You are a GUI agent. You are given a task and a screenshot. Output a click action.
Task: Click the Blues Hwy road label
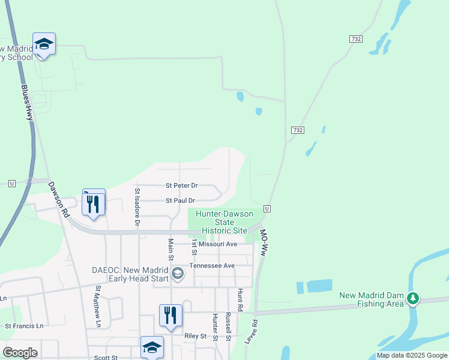point(26,103)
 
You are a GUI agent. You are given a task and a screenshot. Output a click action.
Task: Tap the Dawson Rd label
point(59,200)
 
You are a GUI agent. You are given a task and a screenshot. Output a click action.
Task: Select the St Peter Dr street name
point(181,186)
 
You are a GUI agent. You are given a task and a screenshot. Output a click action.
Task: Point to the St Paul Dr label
point(180,200)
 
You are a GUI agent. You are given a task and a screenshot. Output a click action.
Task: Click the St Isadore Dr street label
point(137,207)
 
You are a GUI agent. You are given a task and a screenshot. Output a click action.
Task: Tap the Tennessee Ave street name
point(212,265)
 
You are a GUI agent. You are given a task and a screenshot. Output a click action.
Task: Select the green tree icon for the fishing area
point(412,298)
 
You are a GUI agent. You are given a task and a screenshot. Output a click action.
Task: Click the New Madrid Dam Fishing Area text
point(372,300)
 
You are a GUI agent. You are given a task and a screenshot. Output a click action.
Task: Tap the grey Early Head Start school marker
point(177,274)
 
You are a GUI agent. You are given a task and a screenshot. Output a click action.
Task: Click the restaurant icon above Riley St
point(170,314)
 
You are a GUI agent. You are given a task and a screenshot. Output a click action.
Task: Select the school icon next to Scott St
point(152,347)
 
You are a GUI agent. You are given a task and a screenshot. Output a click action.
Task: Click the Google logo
point(20,353)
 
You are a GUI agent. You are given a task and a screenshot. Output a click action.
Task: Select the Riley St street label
point(195,336)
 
